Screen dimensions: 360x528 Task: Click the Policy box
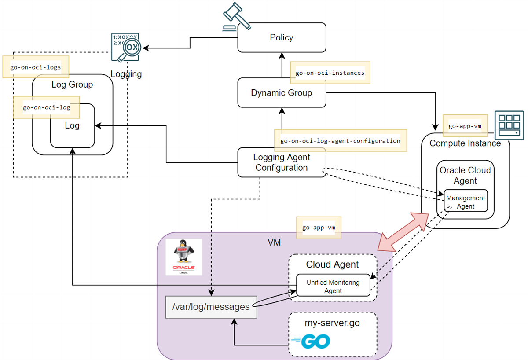pyautogui.click(x=282, y=37)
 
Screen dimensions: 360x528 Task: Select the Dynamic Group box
pyautogui.click(x=282, y=93)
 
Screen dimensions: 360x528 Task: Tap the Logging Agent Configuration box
pyautogui.click(x=282, y=162)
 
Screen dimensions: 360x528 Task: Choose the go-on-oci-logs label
pyautogui.click(x=36, y=67)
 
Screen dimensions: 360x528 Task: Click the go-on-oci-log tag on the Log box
pyautogui.click(x=47, y=107)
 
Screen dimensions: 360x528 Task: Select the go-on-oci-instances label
pyautogui.click(x=330, y=73)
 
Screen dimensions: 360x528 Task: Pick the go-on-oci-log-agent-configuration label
pyautogui.click(x=340, y=141)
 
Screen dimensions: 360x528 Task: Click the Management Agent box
pyautogui.click(x=466, y=202)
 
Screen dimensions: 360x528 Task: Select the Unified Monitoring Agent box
pyautogui.click(x=333, y=286)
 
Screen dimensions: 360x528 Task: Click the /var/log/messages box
pyautogui.click(x=211, y=307)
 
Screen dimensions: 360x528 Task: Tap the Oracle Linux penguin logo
pyautogui.click(x=184, y=257)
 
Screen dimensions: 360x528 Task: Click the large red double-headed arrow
pyautogui.click(x=404, y=231)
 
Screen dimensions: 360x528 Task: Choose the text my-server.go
pyautogui.click(x=332, y=323)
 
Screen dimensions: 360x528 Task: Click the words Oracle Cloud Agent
pyautogui.click(x=465, y=175)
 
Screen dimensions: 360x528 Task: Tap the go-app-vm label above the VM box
pyautogui.click(x=319, y=228)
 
